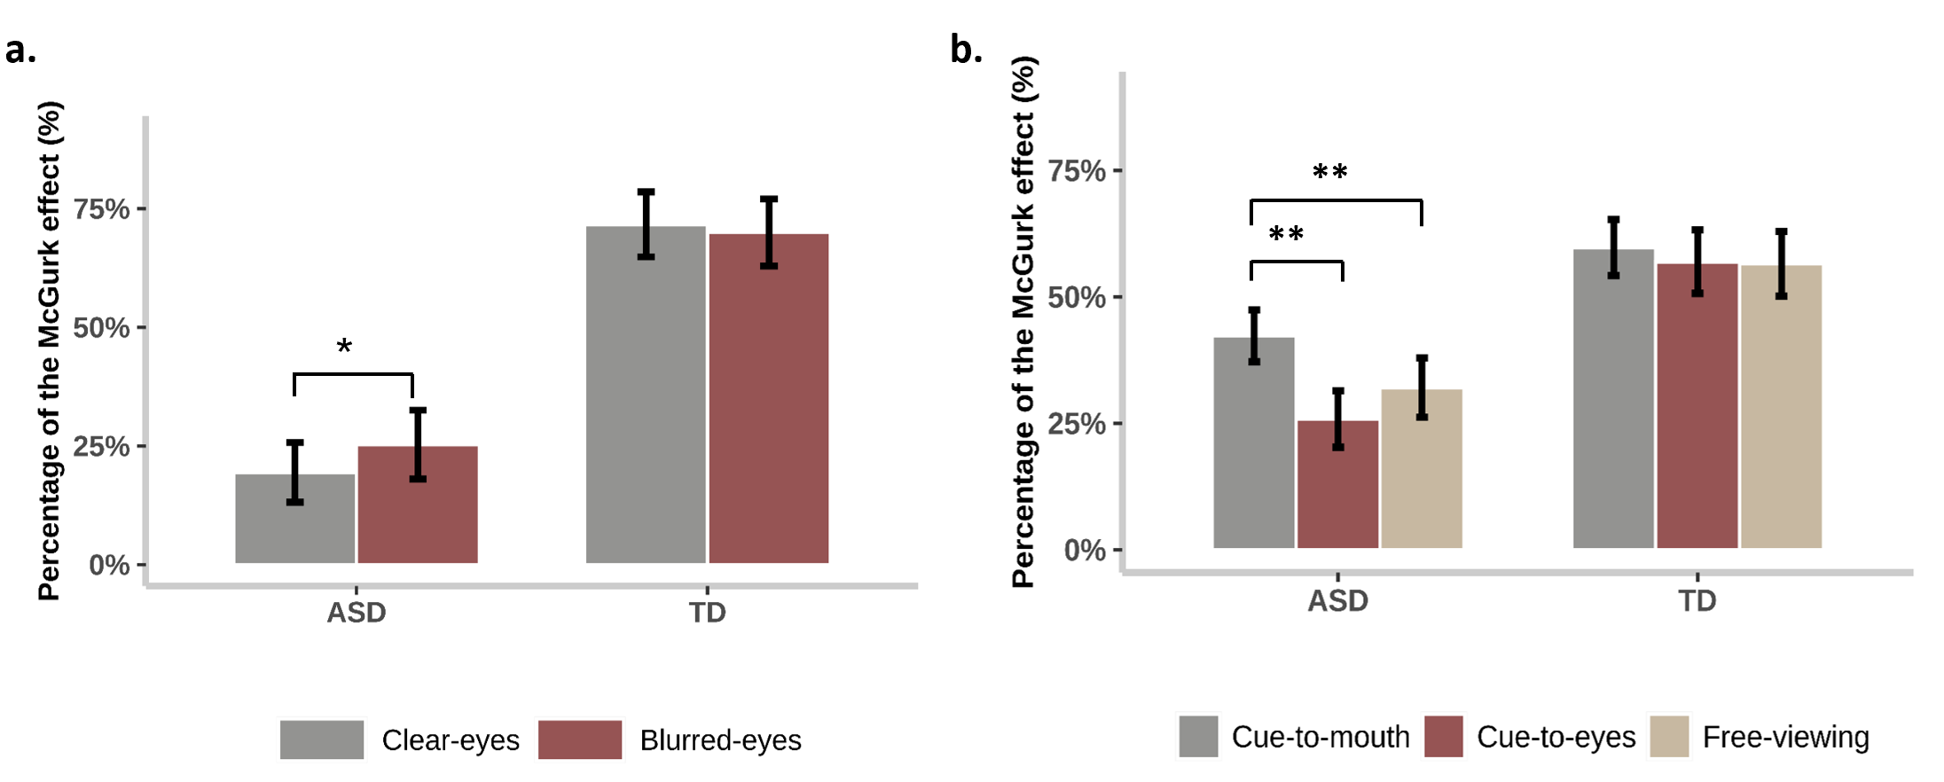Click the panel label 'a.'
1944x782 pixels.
[x=20, y=51]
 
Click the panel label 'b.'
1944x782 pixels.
[x=966, y=50]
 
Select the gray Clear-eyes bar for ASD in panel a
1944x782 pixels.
[x=294, y=519]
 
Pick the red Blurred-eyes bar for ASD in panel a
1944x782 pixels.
[x=418, y=504]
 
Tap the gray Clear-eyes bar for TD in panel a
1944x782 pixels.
[x=646, y=395]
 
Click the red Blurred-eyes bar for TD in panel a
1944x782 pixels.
[x=769, y=398]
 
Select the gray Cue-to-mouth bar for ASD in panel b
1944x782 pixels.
[x=1254, y=442]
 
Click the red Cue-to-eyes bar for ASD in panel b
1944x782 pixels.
[x=1337, y=484]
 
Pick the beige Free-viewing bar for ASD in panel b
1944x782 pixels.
[x=1422, y=468]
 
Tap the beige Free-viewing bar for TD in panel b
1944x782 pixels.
[x=1781, y=406]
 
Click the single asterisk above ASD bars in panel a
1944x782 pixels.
[x=344, y=346]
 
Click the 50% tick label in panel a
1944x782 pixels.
[x=101, y=328]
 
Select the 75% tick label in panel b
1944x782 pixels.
[x=1077, y=170]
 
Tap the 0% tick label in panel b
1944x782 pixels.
[x=1085, y=550]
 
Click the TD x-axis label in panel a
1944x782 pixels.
[x=708, y=613]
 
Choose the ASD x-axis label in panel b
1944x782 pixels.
[x=1337, y=601]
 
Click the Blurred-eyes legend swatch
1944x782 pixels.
[x=580, y=739]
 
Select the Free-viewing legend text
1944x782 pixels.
[x=1786, y=737]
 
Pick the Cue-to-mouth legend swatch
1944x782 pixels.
[x=1198, y=736]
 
